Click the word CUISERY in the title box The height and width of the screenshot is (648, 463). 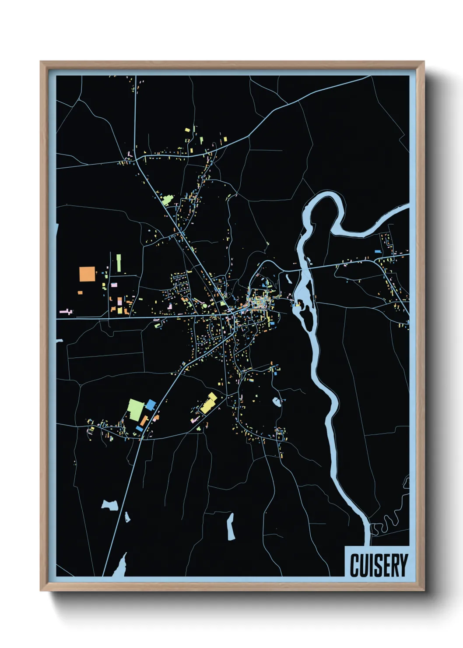(379, 565)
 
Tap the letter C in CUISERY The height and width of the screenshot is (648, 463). (354, 565)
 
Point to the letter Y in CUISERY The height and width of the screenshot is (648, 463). (403, 565)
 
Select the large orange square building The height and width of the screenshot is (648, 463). (87, 274)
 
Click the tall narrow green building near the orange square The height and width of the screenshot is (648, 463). (119, 263)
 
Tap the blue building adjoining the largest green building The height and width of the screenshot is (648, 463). (151, 405)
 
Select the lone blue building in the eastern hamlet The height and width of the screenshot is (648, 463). (378, 251)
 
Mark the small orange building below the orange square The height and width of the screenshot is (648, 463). (80, 292)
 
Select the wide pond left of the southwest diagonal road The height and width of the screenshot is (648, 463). (110, 505)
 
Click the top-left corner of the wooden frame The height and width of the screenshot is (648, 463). (41, 62)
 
